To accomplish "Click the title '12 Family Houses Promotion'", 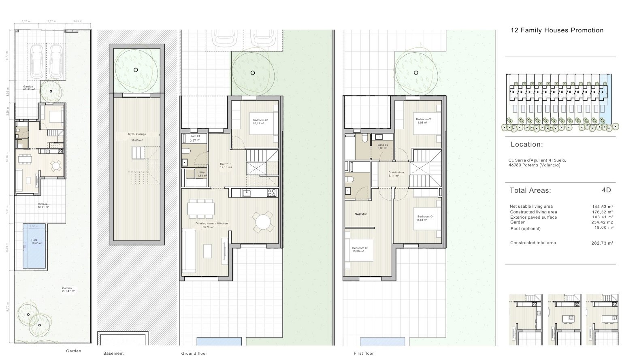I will (557, 30).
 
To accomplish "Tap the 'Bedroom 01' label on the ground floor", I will (260, 120).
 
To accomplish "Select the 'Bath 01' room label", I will (195, 136).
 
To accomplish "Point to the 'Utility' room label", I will (201, 173).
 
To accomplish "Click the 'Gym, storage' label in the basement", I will (137, 134).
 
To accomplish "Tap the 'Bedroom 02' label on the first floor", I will (424, 119).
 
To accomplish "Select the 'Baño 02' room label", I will (383, 145).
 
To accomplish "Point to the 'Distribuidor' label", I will (396, 173).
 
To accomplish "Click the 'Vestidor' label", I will (361, 214).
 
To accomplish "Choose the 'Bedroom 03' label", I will (360, 248).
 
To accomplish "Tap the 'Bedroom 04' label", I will (425, 217).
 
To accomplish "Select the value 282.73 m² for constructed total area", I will (602, 243).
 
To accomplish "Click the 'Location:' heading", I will (526, 145).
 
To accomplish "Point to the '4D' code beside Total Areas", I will (606, 190).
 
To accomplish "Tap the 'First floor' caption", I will (363, 354).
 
